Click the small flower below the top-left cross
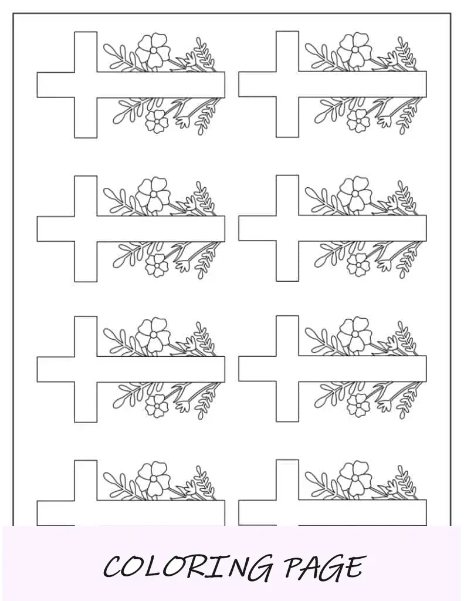pyautogui.click(x=157, y=121)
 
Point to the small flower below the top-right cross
pyautogui.click(x=358, y=121)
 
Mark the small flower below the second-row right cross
pyautogui.click(x=358, y=265)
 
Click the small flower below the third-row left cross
pyautogui.click(x=157, y=406)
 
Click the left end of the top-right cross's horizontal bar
pyautogui.click(x=239, y=84)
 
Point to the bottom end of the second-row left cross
pyautogui.click(x=86, y=281)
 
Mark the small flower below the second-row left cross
pyautogui.click(x=157, y=265)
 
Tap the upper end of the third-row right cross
pyautogui.click(x=287, y=316)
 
